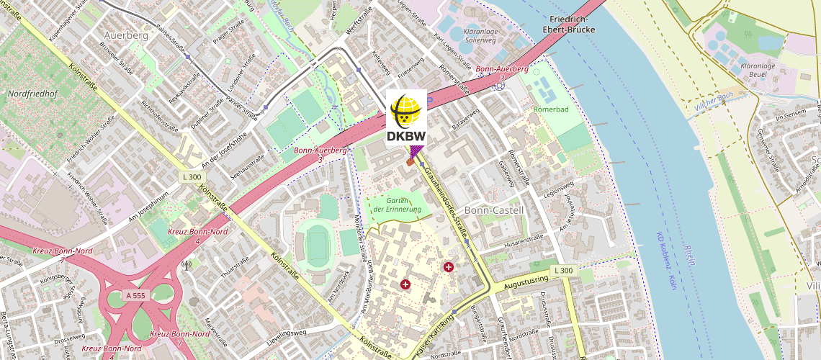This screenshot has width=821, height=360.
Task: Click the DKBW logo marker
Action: tap(407, 118)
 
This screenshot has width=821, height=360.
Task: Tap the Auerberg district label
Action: tap(125, 35)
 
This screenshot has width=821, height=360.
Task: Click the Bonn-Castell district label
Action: tap(494, 210)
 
